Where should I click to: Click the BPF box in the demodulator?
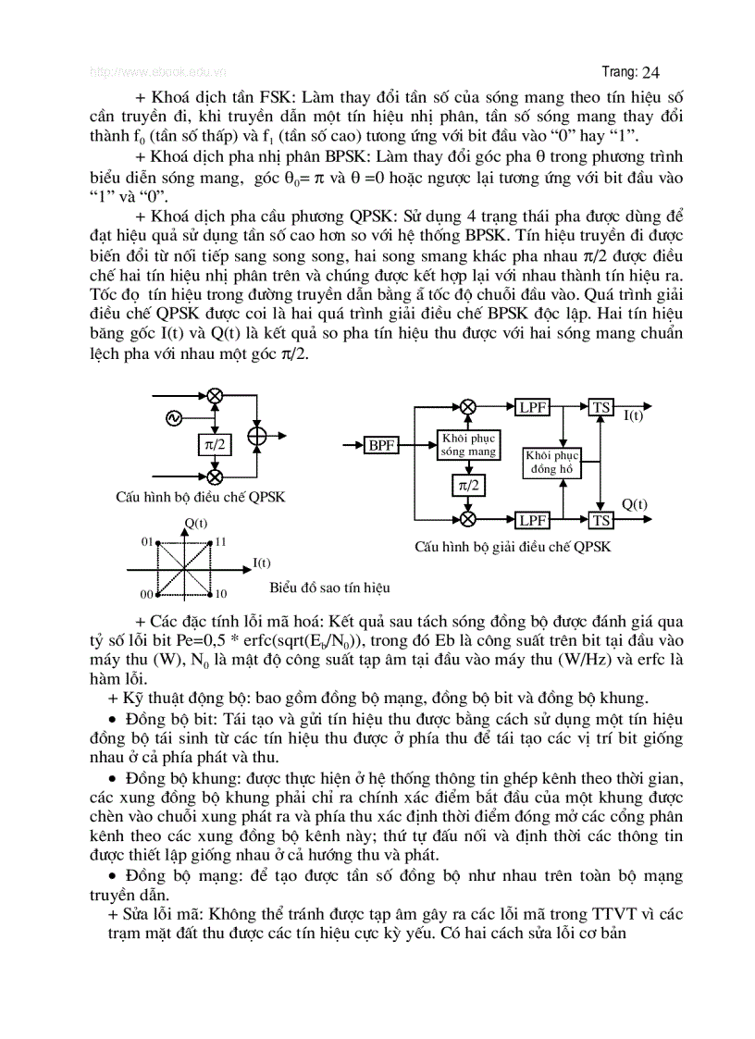click(x=381, y=446)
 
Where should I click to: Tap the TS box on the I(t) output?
click(x=601, y=407)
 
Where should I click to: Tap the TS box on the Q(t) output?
click(x=601, y=521)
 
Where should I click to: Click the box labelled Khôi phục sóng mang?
click(x=468, y=445)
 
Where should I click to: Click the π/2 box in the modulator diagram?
click(x=214, y=444)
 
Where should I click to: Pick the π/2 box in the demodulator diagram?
click(x=468, y=485)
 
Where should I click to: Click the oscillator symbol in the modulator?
click(x=173, y=418)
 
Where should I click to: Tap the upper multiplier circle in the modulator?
click(x=215, y=396)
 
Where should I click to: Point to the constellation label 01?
click(x=146, y=540)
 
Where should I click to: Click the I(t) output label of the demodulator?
click(x=633, y=416)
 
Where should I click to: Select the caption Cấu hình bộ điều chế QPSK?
click(x=200, y=497)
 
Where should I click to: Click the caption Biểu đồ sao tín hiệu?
click(x=330, y=588)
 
